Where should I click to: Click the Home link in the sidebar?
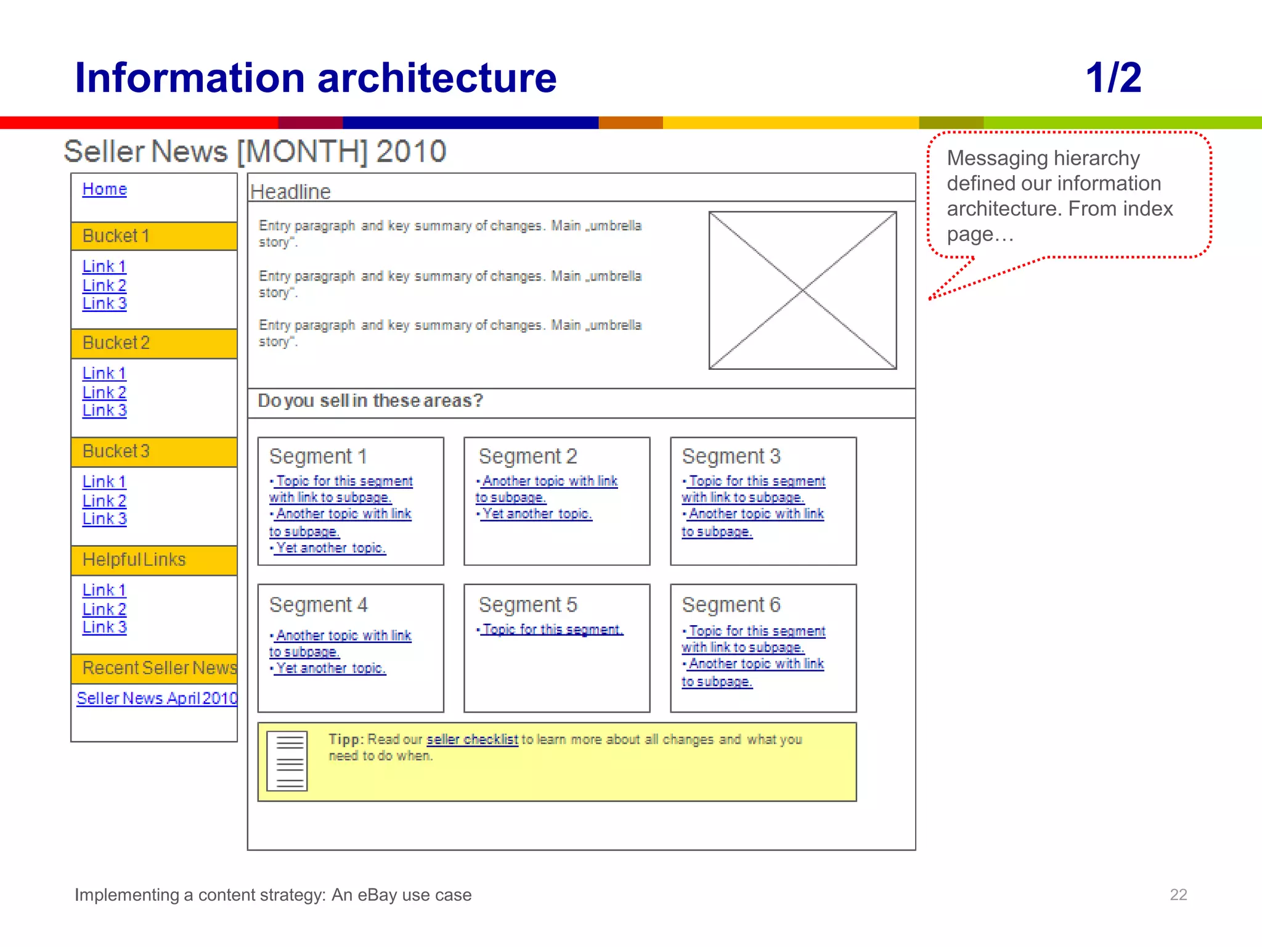[x=104, y=189]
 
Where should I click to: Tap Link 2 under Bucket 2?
[x=104, y=392]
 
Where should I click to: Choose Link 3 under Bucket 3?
[x=104, y=519]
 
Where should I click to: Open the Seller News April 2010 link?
[x=157, y=699]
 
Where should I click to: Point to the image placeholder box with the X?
[x=802, y=290]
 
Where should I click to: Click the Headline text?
[x=290, y=192]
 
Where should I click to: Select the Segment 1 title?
[x=318, y=457]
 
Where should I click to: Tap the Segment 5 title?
[x=527, y=605]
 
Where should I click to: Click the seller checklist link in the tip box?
[x=472, y=739]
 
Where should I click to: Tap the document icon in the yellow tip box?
[x=287, y=761]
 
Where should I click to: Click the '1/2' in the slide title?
[x=1113, y=78]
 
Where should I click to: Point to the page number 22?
[x=1178, y=895]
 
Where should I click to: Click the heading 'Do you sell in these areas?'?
[x=370, y=401]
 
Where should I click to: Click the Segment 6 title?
[x=731, y=605]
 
